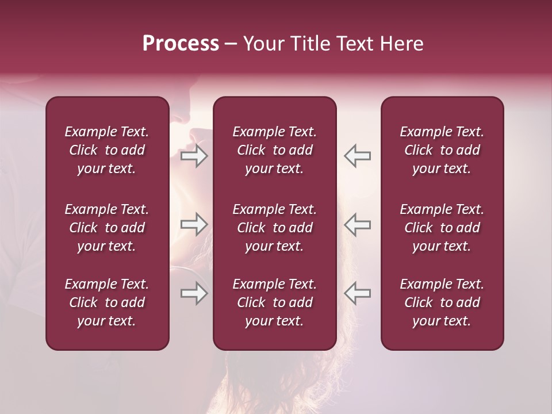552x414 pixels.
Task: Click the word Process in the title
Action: click(181, 44)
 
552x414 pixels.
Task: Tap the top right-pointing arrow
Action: click(194, 156)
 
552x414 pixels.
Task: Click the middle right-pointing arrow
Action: click(194, 224)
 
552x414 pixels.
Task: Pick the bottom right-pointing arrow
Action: click(194, 293)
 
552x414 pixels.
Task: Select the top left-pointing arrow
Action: click(357, 156)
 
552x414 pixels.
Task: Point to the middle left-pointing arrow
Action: click(357, 224)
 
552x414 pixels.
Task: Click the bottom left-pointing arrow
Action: click(357, 293)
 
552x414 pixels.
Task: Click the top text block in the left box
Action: click(107, 150)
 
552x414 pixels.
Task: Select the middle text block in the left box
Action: click(107, 228)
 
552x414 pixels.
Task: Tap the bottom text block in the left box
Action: click(107, 302)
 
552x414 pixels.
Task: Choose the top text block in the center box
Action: click(275, 150)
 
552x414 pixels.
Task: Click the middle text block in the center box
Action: click(275, 228)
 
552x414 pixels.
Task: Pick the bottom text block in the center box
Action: click(275, 302)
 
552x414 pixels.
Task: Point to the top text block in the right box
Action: click(442, 150)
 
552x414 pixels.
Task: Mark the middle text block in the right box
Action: click(442, 228)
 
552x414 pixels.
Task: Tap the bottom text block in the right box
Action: click(442, 302)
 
